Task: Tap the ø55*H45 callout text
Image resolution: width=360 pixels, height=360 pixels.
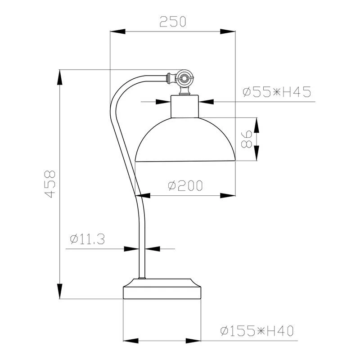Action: (x=277, y=93)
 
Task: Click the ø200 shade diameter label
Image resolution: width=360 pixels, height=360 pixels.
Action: (x=184, y=185)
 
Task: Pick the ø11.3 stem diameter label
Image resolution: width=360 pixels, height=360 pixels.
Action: (x=88, y=239)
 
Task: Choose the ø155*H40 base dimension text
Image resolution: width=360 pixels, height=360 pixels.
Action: (x=257, y=332)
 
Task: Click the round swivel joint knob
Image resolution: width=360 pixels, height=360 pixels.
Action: (x=184, y=77)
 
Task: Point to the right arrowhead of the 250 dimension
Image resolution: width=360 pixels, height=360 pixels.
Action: (x=228, y=31)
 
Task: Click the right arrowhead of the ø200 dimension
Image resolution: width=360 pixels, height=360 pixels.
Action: (x=228, y=195)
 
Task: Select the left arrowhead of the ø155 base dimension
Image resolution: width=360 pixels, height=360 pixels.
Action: (x=130, y=341)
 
